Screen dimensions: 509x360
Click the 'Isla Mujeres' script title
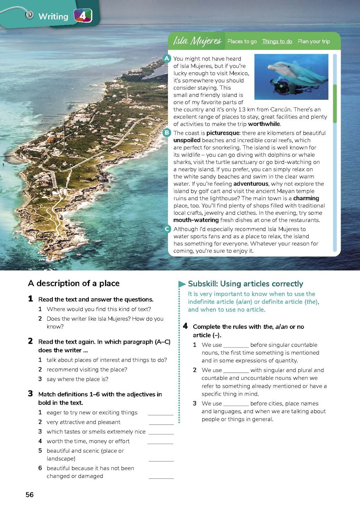[197, 41]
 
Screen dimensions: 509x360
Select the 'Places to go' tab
[242, 41]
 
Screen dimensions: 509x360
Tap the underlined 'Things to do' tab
[277, 41]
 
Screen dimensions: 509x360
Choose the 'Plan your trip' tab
[314, 41]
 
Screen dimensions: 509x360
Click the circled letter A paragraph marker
[167, 58]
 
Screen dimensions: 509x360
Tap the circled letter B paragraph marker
[167, 133]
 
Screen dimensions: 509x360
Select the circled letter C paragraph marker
[167, 229]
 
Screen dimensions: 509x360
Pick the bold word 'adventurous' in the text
[251, 184]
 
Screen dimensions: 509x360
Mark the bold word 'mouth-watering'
[196, 220]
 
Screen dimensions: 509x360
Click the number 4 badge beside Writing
[83, 16]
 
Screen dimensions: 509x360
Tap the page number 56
[30, 494]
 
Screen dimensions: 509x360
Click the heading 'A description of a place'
[74, 283]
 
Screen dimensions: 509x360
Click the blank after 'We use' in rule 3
[236, 404]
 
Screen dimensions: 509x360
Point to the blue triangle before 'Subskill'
[182, 284]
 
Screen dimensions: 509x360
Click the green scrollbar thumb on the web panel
[335, 103]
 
